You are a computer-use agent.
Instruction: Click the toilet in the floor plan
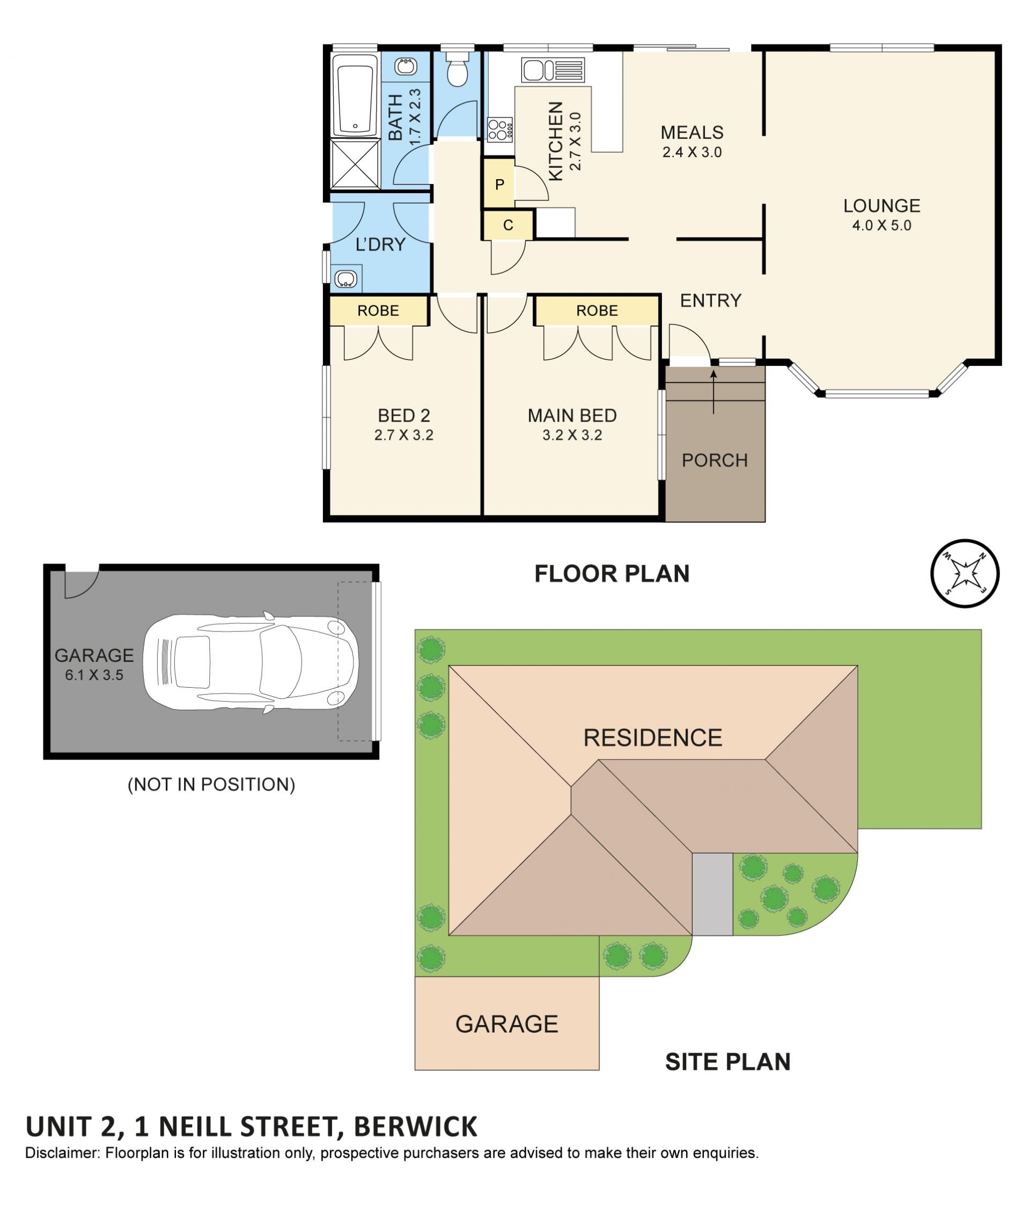457,69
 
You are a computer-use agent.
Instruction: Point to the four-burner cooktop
499,129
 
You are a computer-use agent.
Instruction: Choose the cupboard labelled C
507,225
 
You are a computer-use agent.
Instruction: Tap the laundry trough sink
345,279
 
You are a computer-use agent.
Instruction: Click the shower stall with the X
355,164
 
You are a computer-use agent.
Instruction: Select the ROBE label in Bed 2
378,311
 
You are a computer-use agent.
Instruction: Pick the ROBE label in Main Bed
597,311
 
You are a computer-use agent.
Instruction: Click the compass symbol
964,573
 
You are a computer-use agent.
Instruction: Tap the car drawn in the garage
251,662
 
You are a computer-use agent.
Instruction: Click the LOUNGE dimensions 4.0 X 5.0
881,226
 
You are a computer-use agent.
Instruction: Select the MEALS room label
691,133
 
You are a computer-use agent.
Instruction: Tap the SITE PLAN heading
727,1062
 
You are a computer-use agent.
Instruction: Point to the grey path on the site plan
712,894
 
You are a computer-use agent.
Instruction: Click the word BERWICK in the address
415,1127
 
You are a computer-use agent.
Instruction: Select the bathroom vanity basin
405,67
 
